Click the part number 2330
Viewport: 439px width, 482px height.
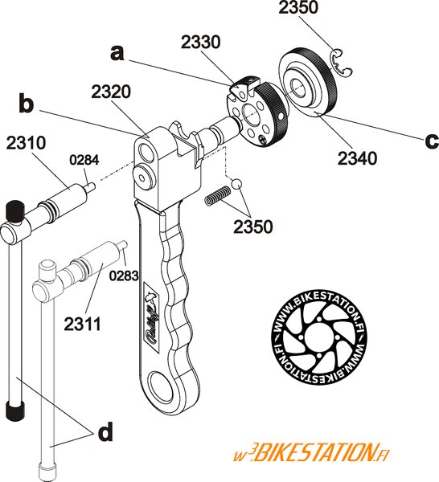coord(200,42)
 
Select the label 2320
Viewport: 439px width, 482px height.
coord(111,92)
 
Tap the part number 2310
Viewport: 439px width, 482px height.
coord(27,143)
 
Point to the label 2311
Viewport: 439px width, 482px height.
coord(83,324)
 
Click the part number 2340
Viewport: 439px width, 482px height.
coord(357,158)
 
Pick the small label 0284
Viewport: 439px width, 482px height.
coord(84,160)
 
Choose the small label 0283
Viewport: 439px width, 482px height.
coord(124,276)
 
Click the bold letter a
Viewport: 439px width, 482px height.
coord(117,52)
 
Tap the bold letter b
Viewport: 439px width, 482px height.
coord(27,103)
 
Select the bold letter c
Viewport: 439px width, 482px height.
coord(432,141)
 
